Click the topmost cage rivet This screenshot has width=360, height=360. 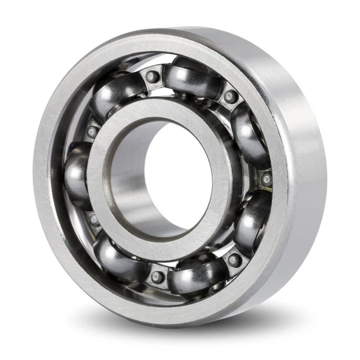click(x=153, y=77)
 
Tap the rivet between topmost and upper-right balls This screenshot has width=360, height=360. click(x=230, y=96)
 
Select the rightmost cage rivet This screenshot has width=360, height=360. click(x=266, y=179)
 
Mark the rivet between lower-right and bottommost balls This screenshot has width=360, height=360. click(x=234, y=260)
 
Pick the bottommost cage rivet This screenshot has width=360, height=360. click(x=157, y=277)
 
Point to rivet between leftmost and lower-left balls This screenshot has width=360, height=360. click(x=92, y=218)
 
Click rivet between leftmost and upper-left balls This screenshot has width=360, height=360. click(x=92, y=131)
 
